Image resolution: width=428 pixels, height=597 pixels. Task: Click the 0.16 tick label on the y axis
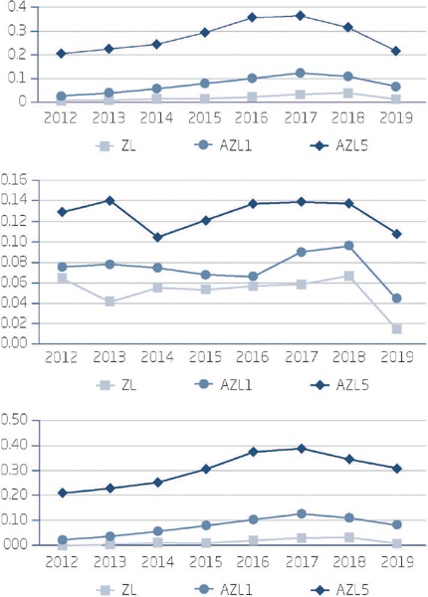pos(17,180)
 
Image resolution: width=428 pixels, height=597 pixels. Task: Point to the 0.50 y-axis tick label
pos(17,420)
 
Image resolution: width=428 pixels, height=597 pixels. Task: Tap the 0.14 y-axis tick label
pos(17,200)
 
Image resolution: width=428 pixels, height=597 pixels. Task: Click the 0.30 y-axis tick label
pos(17,470)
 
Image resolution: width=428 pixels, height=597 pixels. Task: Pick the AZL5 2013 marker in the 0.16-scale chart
pos(109,200)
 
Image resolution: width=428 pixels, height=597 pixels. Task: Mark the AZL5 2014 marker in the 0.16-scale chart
pos(157,237)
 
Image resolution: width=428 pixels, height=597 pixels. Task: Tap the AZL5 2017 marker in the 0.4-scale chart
pos(301,16)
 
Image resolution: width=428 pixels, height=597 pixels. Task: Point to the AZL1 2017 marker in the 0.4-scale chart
pos(301,73)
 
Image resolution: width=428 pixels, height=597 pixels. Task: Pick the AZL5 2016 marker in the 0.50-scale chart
pos(253,452)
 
